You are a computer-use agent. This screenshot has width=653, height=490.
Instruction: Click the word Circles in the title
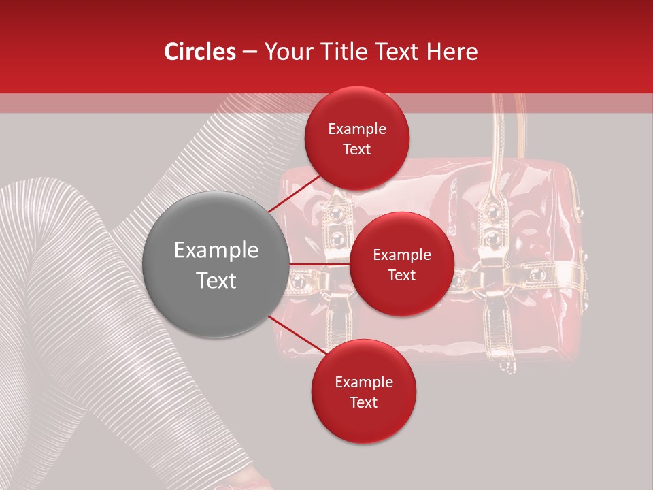200,52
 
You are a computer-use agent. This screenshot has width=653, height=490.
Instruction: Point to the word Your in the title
287,52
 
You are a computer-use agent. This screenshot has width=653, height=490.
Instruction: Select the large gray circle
216,265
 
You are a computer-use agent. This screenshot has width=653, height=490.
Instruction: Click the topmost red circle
357,138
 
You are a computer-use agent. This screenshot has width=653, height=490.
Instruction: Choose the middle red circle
402,264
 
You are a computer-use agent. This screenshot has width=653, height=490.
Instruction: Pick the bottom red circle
364,391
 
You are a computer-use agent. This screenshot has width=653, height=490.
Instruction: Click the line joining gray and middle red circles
320,264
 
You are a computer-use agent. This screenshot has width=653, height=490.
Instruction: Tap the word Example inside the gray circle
216,250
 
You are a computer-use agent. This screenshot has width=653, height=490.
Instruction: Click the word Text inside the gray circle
216,280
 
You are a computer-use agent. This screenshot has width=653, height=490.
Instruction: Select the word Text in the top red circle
357,149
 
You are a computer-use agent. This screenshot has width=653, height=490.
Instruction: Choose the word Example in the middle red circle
402,255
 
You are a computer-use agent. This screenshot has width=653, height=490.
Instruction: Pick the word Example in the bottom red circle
364,382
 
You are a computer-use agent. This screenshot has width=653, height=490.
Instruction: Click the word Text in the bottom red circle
364,402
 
